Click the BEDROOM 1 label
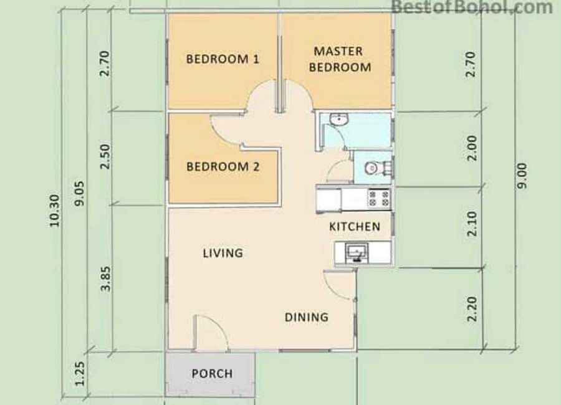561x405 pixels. click(223, 59)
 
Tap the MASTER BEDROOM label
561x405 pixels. click(340, 59)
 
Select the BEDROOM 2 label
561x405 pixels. click(223, 167)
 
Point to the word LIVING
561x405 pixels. click(223, 254)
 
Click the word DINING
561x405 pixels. click(307, 317)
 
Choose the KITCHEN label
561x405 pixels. click(355, 226)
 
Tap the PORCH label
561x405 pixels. click(212, 374)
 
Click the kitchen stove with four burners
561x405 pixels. click(379, 199)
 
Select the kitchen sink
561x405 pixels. click(357, 252)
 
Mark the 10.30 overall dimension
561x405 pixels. click(54, 211)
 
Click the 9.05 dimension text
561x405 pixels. click(79, 193)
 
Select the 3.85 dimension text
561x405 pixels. click(106, 279)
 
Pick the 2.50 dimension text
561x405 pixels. click(105, 156)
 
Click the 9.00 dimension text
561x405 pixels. click(522, 176)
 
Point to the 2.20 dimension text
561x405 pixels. click(472, 309)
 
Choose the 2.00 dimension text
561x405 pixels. click(472, 148)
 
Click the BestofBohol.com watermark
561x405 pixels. click(472, 7)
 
